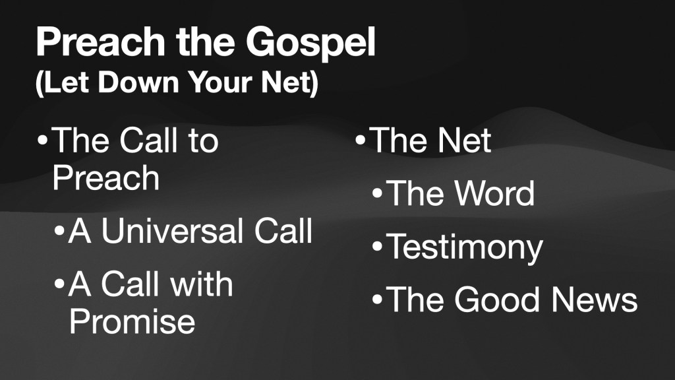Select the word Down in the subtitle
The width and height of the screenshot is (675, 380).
pos(138,82)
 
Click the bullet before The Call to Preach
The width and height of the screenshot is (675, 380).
pos(42,141)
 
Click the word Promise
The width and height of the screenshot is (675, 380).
pos(132,321)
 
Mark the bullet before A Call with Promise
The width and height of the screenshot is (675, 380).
pos(59,284)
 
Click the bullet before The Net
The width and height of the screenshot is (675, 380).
pos(361,140)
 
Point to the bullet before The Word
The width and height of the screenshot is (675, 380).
pos(377,193)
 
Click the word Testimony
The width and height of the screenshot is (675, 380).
pos(465,248)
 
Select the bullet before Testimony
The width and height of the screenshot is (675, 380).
pos(377,247)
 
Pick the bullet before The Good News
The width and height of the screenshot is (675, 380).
pos(377,300)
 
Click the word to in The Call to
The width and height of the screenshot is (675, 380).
pos(203,141)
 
